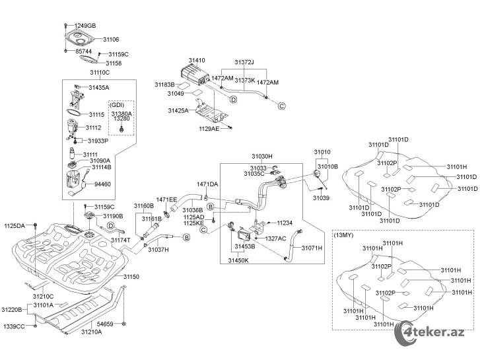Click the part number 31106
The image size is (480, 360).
point(111,39)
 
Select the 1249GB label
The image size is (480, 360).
point(85,26)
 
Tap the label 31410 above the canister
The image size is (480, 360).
point(197,60)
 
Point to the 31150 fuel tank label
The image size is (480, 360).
point(131,277)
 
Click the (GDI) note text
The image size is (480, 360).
point(117,105)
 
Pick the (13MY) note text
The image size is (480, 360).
point(343,235)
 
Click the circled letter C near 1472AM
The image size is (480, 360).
point(282,106)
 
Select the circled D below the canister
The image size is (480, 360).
point(233,100)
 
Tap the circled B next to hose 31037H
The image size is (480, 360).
point(186,237)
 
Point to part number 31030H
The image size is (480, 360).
point(262,157)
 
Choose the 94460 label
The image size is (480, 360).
point(102,184)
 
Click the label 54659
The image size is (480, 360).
point(105,324)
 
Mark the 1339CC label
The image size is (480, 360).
point(14,326)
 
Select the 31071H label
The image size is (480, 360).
point(312,248)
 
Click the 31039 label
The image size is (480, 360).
point(321,198)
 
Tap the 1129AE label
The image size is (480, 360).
point(209,129)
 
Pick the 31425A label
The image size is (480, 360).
point(178,110)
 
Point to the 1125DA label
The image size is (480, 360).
point(15,226)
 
